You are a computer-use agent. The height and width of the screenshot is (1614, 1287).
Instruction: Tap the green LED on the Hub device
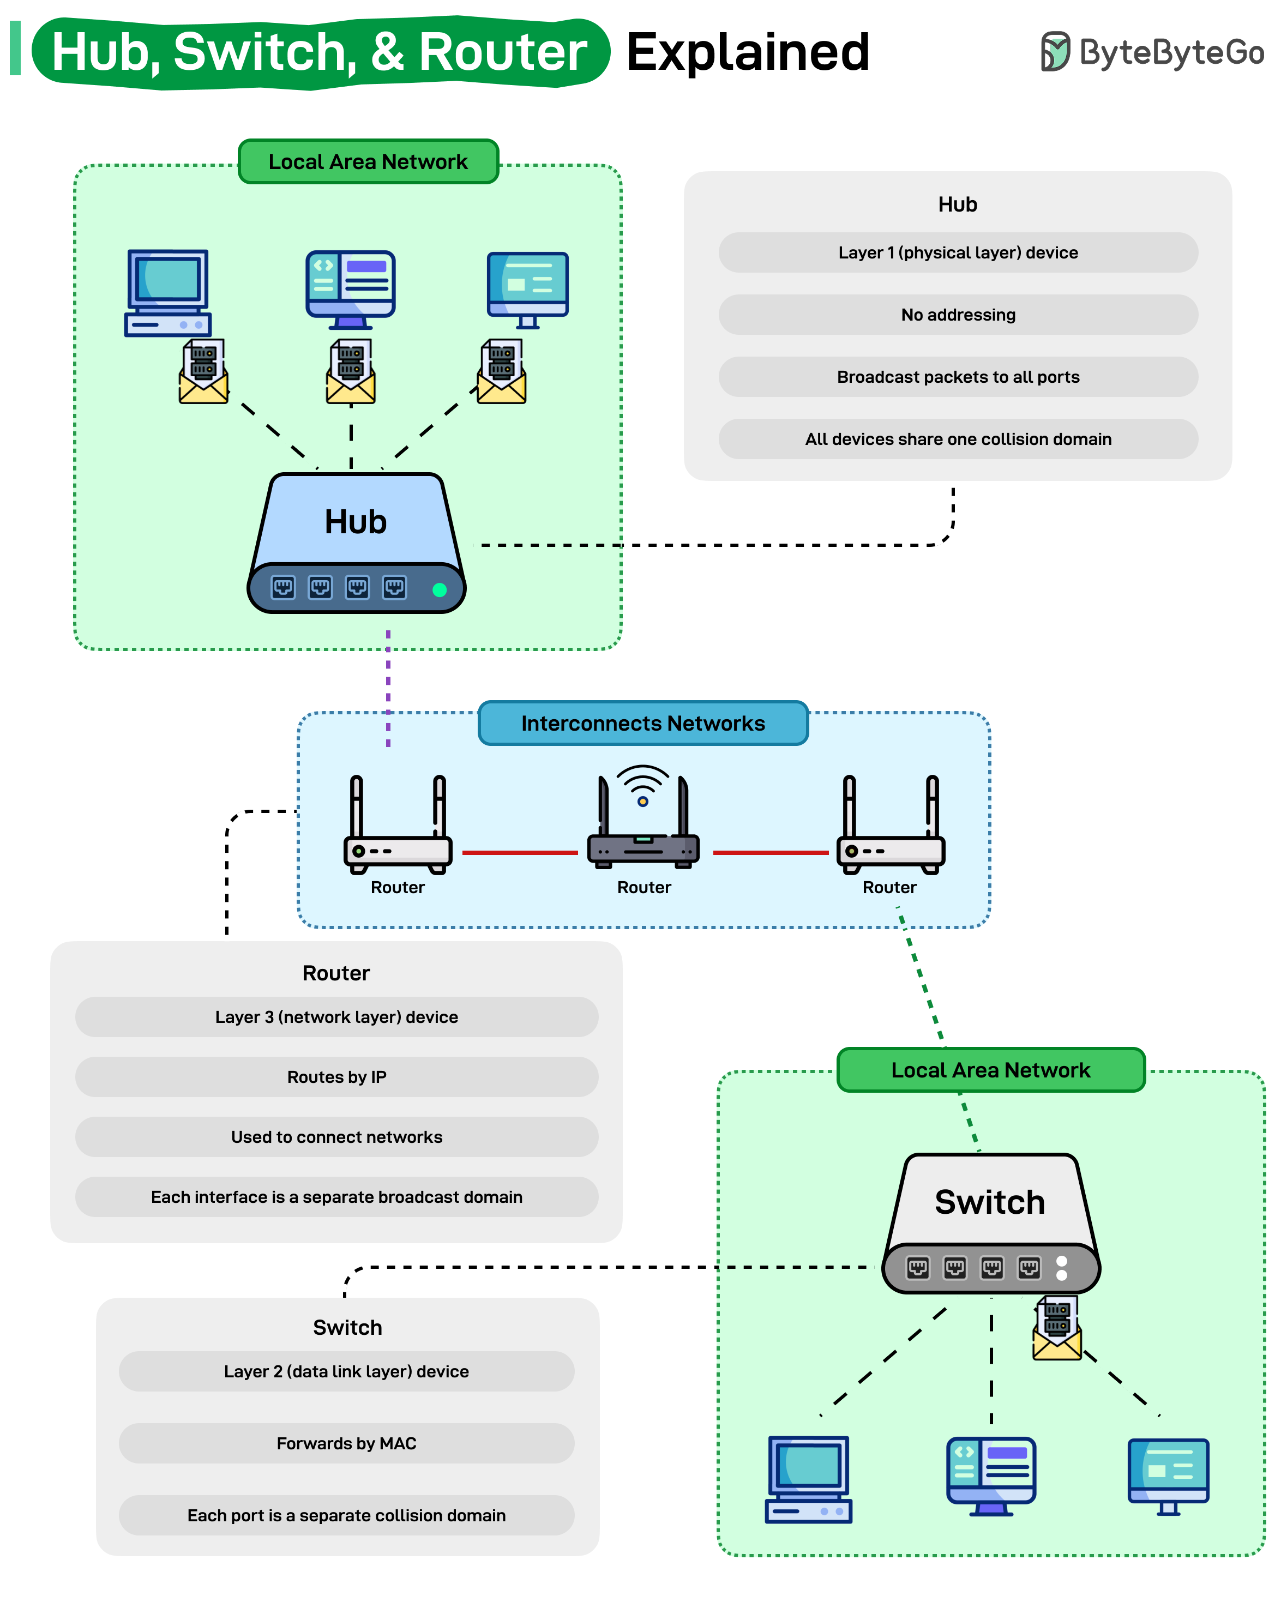pos(440,590)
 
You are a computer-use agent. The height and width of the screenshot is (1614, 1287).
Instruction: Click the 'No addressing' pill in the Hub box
pos(958,315)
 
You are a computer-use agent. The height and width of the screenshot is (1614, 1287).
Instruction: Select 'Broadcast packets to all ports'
pos(958,377)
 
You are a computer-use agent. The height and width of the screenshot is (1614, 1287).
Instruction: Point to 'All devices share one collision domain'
pos(958,439)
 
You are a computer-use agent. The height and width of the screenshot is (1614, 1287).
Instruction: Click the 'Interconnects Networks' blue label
pos(642,723)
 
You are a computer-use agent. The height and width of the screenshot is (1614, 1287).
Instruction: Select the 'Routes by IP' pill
pos(336,1076)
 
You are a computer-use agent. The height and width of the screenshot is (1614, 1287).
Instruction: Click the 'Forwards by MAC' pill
pos(346,1443)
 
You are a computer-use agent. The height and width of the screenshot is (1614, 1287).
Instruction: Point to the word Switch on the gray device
pos(989,1202)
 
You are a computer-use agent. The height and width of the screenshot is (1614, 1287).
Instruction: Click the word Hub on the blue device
pos(355,522)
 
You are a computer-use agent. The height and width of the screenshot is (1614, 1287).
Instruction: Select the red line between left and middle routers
pos(520,852)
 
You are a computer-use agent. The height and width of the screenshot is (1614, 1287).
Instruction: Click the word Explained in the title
pos(747,52)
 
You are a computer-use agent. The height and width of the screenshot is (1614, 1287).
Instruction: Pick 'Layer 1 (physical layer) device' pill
pos(958,252)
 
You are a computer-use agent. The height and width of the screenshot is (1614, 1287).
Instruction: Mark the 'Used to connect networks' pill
pos(336,1136)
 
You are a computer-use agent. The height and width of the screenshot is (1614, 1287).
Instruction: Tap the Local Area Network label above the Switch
pos(990,1070)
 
